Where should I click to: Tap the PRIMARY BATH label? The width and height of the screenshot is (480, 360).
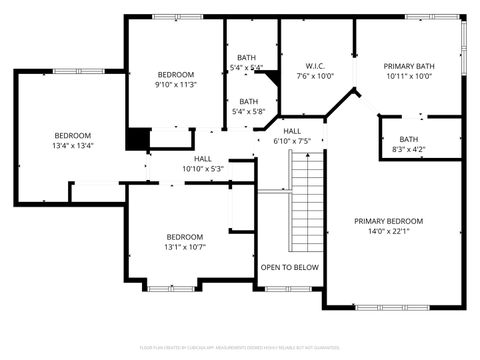[408, 66]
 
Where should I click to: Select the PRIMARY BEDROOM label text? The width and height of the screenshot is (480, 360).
[389, 221]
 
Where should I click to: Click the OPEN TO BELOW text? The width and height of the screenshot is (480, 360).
[290, 267]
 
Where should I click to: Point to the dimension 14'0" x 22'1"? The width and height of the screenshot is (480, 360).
[389, 231]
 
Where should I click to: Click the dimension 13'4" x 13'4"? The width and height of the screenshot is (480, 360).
[72, 145]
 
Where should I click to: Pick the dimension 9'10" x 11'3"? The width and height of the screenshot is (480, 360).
[176, 85]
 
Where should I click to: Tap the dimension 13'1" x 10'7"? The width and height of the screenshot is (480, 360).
[184, 246]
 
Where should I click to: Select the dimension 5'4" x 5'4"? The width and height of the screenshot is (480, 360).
[247, 67]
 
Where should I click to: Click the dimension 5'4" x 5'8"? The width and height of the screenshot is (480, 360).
[247, 111]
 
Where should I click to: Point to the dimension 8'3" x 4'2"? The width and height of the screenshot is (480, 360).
[409, 149]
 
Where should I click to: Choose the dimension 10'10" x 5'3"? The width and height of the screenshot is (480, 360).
[203, 168]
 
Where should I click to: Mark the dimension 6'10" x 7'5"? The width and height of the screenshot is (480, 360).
[292, 141]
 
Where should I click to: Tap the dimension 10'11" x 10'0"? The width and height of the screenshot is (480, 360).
[408, 76]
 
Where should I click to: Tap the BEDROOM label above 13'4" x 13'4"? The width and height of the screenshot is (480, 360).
[72, 135]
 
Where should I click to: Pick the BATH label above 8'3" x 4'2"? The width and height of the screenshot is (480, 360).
[409, 139]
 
